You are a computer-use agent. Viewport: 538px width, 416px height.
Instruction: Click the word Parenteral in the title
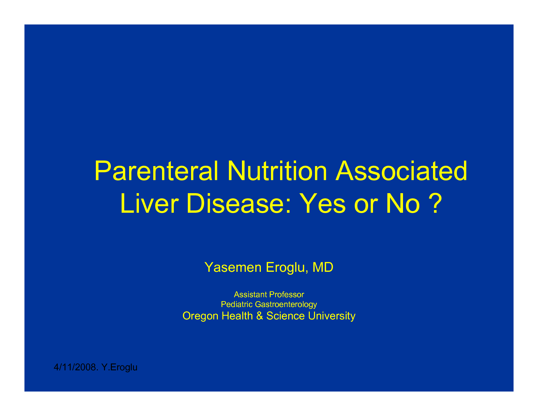point(156,172)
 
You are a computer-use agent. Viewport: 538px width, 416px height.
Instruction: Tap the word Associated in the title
point(401,171)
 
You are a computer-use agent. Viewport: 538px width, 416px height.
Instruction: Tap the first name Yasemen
point(233,267)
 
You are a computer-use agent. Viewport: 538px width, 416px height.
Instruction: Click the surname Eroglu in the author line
point(286,267)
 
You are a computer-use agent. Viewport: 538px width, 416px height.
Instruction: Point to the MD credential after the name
point(323,267)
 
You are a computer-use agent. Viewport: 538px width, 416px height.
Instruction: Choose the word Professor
point(287,295)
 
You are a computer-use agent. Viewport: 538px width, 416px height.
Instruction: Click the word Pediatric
point(237,304)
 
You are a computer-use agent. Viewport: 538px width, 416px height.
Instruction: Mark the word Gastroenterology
point(286,305)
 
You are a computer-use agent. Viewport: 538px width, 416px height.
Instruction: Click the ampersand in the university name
point(260,316)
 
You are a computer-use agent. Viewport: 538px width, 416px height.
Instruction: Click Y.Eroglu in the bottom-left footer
point(119,367)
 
